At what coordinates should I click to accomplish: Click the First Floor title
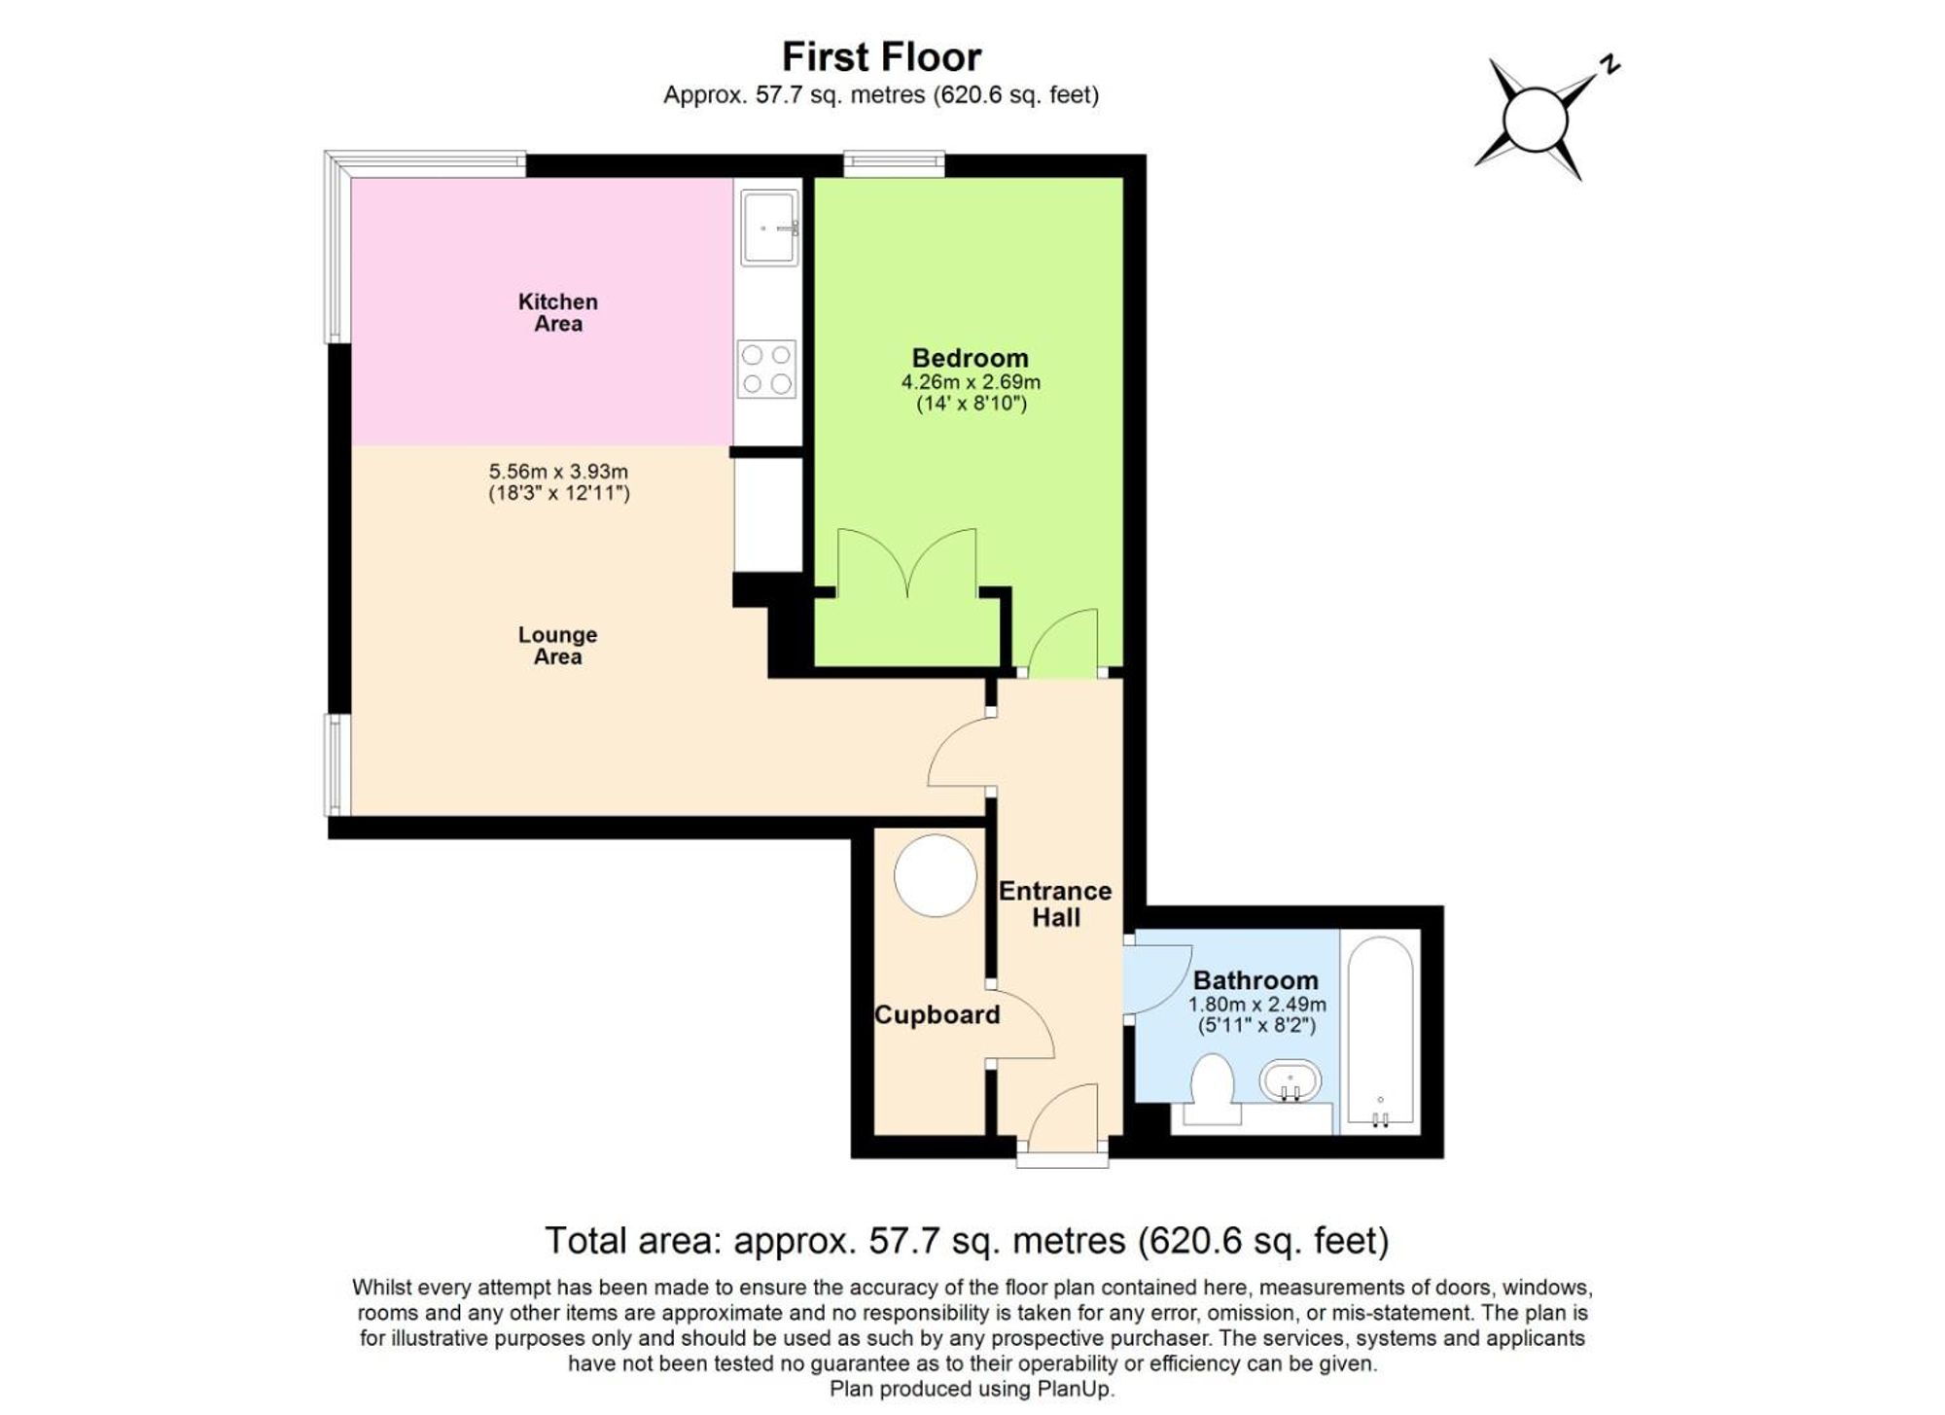pos(881,57)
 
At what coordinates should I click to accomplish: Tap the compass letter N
pos(1610,65)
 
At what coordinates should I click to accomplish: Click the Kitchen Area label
pos(557,312)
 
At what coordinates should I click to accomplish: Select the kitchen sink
pos(768,228)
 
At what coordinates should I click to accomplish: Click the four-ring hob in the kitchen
pos(766,370)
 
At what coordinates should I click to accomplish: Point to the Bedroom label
pos(970,358)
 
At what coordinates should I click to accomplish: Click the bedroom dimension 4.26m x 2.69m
pos(970,382)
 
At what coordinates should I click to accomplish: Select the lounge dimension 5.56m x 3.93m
pos(558,472)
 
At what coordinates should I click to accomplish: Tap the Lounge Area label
pos(557,645)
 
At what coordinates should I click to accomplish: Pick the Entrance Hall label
pos(1055,903)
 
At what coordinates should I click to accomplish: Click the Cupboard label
pos(937,1014)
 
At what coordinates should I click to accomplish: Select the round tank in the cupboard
pos(935,875)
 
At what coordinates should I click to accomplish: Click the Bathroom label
pos(1255,980)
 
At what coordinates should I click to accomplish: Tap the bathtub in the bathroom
pos(1380,1031)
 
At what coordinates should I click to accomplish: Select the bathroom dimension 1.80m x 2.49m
pos(1256,1005)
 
